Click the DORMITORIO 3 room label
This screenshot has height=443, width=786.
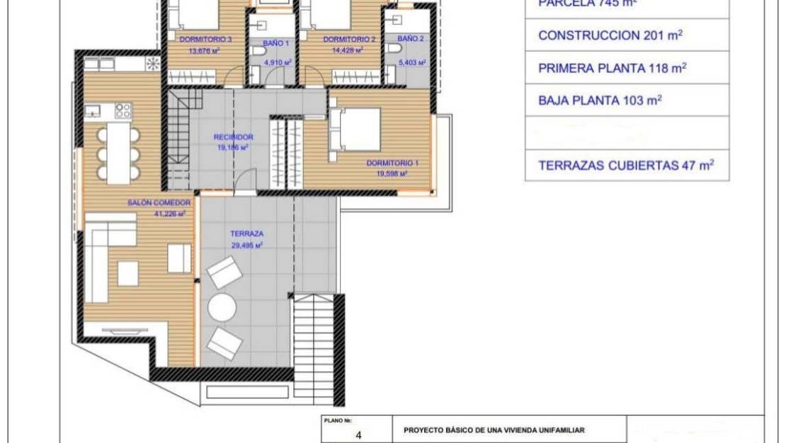(200, 40)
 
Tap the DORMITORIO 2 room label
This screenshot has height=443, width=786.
(349, 40)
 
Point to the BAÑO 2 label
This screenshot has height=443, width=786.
(411, 39)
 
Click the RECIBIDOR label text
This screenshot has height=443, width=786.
(234, 137)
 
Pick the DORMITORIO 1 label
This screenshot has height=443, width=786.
(392, 163)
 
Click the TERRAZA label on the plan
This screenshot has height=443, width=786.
(246, 234)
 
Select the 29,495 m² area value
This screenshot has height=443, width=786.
(246, 245)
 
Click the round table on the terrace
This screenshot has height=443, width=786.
(222, 308)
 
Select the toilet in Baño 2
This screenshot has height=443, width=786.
(394, 48)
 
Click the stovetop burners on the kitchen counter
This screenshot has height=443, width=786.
(123, 110)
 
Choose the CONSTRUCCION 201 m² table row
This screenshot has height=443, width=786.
(627, 35)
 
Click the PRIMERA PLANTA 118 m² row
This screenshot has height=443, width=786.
(627, 68)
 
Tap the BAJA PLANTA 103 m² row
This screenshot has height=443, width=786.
(627, 100)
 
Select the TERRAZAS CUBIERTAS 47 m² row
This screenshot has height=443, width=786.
(627, 166)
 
